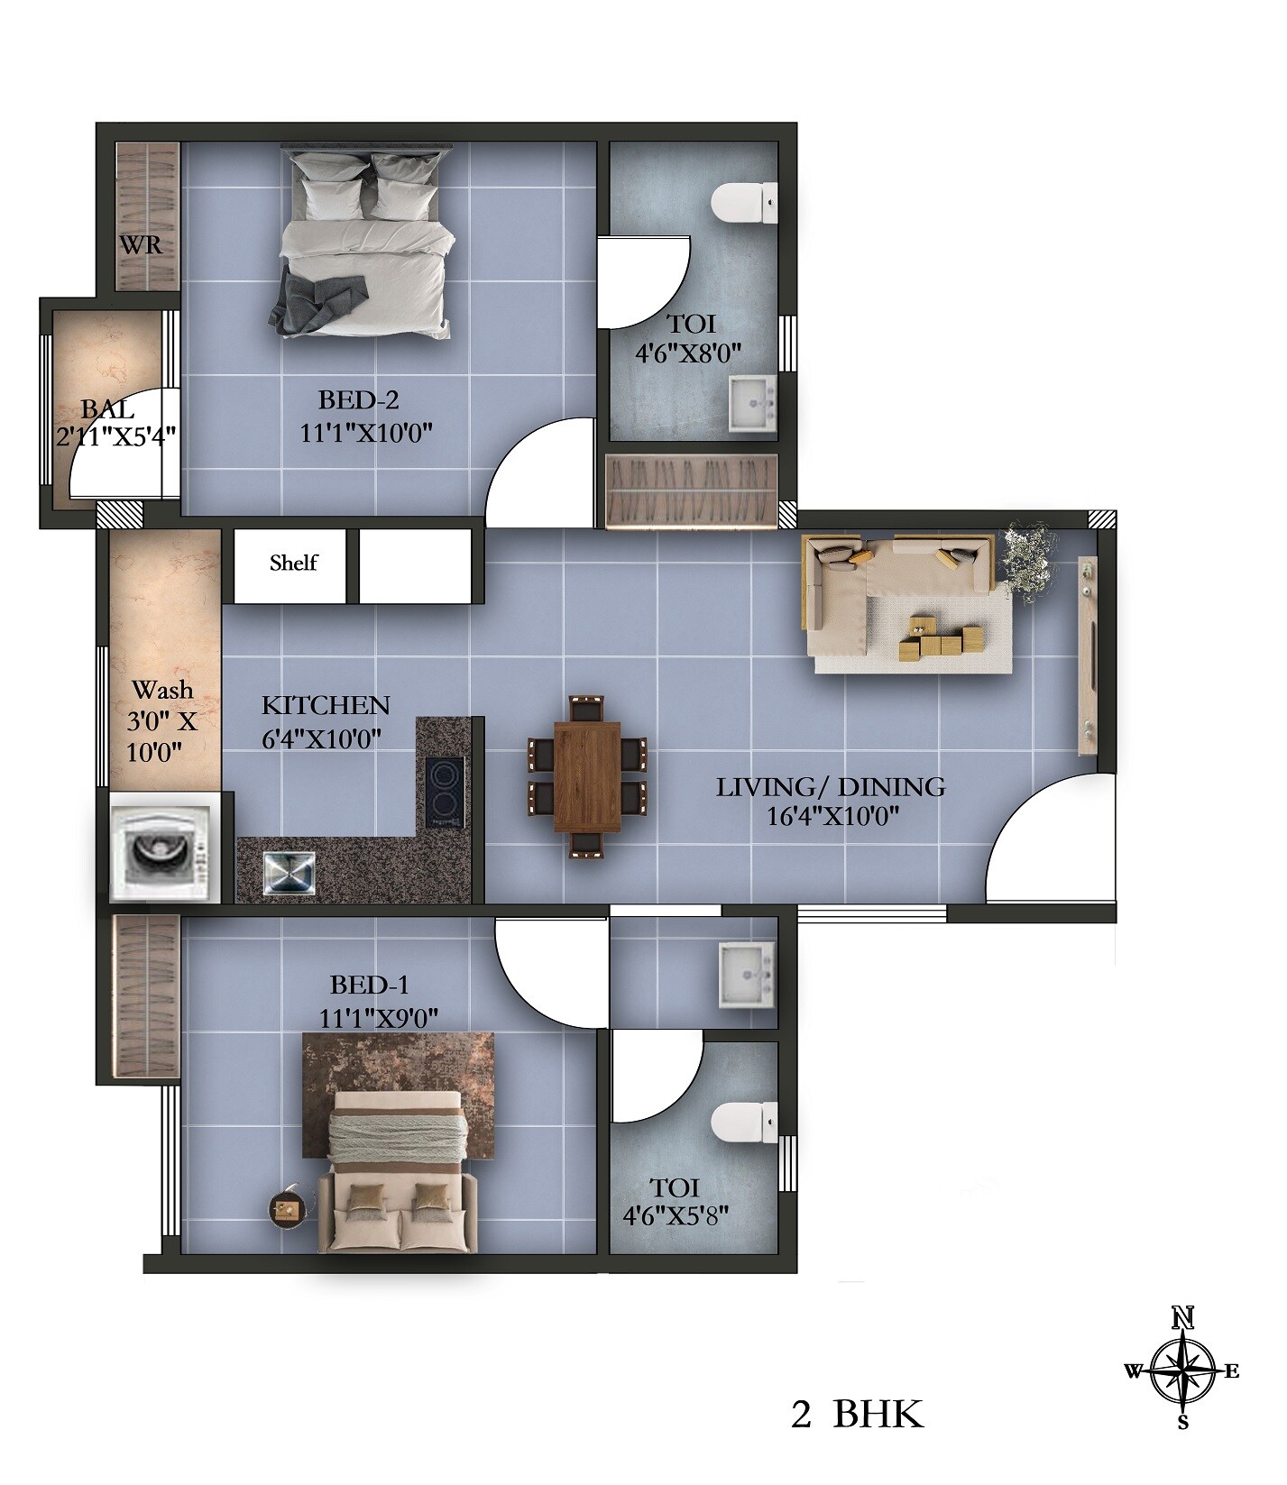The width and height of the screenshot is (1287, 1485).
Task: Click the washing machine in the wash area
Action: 165,848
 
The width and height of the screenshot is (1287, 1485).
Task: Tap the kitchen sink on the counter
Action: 290,873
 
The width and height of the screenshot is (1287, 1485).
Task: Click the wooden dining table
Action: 587,776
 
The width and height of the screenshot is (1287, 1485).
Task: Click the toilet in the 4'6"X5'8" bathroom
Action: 743,1123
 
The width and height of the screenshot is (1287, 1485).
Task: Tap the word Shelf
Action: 293,564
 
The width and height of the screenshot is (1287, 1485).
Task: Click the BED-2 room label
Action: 358,399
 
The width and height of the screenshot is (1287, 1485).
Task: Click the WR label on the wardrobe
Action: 142,244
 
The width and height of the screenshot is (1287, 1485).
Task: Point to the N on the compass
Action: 1182,1319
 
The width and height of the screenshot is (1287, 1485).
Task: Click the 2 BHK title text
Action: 857,1415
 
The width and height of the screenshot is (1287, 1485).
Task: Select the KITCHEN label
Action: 325,705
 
